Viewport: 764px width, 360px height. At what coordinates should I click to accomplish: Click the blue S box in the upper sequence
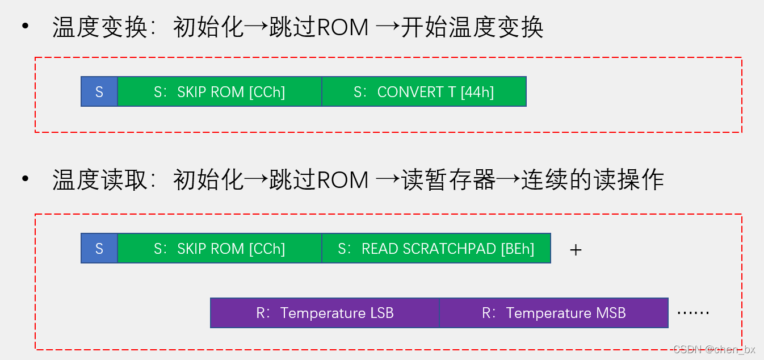[x=99, y=91]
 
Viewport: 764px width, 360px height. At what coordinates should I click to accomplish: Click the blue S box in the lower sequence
[x=99, y=248]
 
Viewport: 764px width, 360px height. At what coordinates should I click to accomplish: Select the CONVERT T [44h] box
[x=424, y=91]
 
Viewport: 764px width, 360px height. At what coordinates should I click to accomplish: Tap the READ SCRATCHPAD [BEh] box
[x=436, y=248]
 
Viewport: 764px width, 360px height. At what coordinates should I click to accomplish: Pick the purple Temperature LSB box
[x=325, y=313]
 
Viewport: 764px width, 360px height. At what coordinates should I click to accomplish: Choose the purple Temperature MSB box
[x=554, y=313]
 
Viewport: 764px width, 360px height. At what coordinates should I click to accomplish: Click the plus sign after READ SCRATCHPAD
[x=576, y=249]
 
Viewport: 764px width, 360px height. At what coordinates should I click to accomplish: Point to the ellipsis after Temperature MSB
[x=694, y=313]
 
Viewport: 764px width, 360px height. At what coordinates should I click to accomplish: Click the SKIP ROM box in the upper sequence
[x=220, y=91]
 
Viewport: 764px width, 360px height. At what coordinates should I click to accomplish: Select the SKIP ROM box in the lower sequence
[x=220, y=248]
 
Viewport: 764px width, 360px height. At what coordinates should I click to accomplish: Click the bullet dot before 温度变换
[x=25, y=27]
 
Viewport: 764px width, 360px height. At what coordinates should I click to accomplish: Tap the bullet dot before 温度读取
[x=25, y=179]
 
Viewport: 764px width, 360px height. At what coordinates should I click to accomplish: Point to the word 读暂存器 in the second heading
[x=448, y=180]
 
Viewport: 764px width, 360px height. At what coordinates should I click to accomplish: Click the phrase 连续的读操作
[x=593, y=180]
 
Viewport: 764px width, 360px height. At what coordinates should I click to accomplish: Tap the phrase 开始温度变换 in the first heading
[x=472, y=27]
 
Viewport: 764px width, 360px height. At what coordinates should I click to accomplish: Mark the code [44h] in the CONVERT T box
[x=477, y=92]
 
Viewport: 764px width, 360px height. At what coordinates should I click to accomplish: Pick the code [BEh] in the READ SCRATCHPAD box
[x=518, y=249]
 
